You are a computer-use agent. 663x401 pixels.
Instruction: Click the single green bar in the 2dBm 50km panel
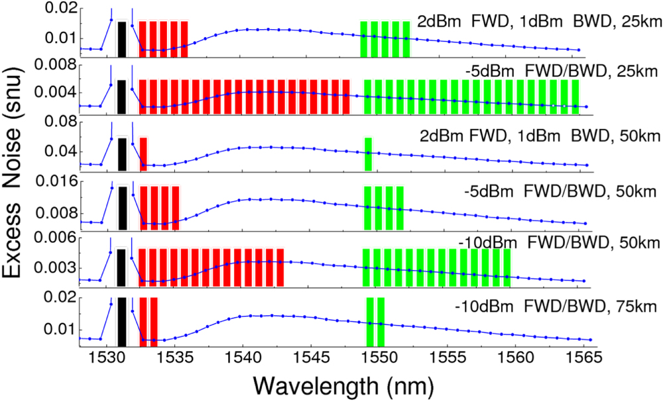[x=368, y=154]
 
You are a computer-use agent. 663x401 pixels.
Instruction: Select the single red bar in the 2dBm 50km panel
[x=143, y=154]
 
